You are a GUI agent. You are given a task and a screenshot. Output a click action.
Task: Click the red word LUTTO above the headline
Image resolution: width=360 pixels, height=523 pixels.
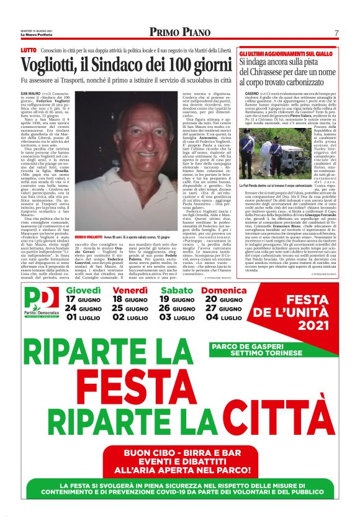point(29,50)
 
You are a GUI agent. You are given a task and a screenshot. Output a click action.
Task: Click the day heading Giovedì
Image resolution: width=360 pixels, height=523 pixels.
point(83,290)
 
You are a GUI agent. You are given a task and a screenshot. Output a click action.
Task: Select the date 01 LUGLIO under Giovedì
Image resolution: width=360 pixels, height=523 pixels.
point(83,316)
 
